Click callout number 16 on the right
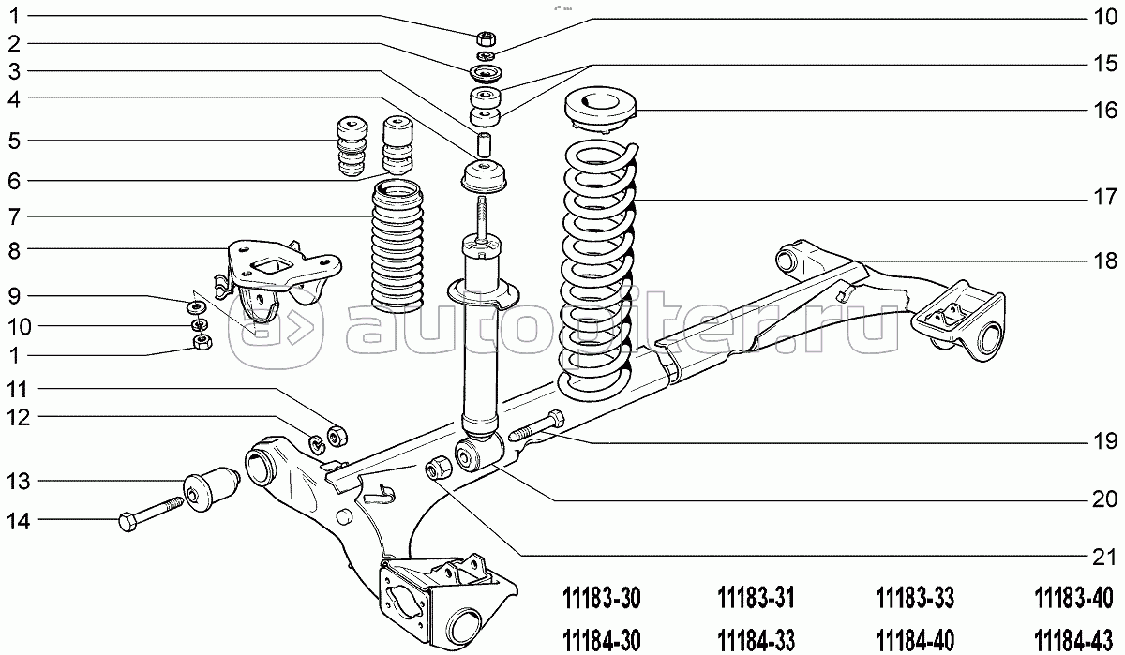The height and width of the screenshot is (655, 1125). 1105,110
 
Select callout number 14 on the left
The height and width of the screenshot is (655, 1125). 18,521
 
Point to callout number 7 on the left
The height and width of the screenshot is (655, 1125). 15,216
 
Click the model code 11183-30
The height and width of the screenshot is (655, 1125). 601,599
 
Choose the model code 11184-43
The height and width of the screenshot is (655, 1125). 1073,641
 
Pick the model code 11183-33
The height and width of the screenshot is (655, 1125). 915,599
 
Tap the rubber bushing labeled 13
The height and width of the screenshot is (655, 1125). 211,489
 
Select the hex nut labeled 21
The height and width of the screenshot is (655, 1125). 439,467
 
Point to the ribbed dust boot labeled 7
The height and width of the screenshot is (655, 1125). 397,246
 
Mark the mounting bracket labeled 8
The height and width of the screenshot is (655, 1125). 277,278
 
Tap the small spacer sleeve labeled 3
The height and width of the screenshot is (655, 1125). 484,144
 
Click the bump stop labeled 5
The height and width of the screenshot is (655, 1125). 352,146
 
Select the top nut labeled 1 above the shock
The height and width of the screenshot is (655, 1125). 486,38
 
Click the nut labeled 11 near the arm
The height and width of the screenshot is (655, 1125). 337,436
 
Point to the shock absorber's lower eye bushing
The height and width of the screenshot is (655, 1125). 479,454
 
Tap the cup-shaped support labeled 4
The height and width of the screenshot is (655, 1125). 484,177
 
